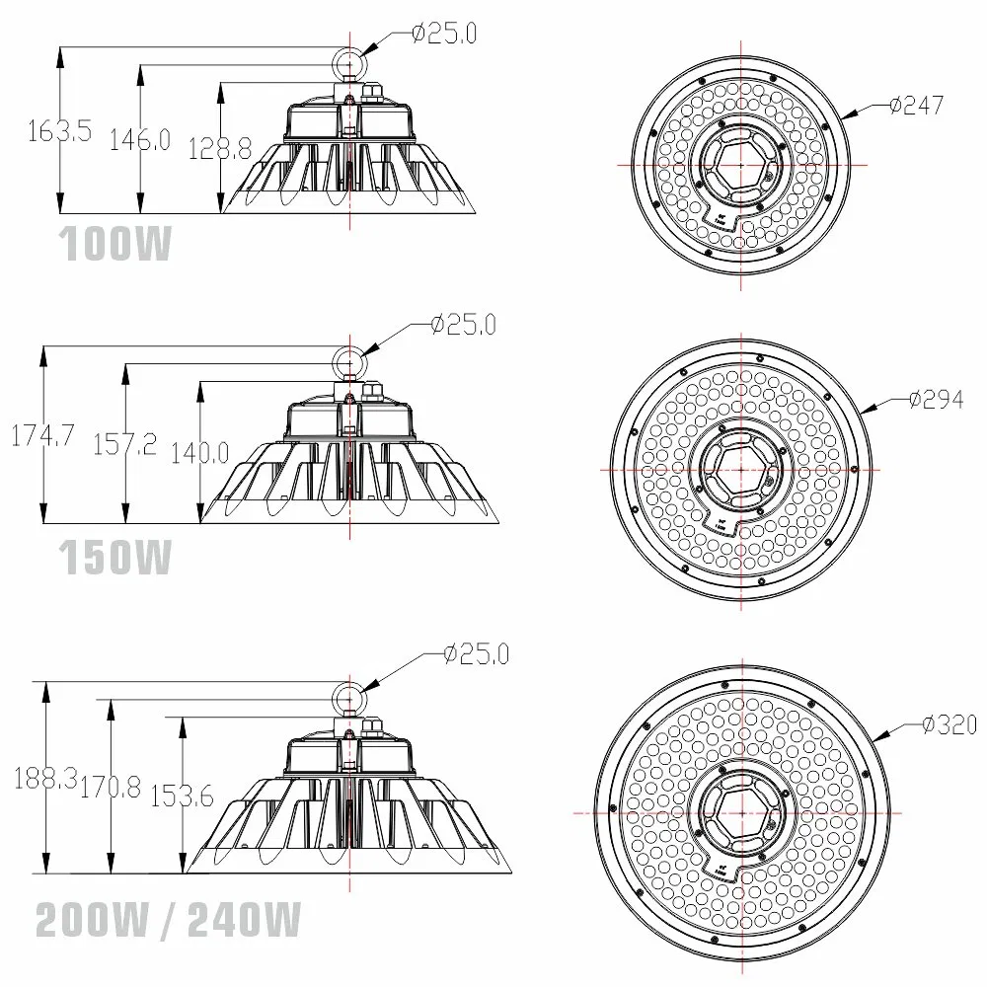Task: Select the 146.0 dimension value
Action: [139, 139]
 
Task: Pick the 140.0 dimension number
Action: [199, 453]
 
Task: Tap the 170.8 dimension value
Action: [112, 787]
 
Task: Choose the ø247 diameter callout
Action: [915, 106]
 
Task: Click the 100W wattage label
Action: [116, 245]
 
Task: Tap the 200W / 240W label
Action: [168, 923]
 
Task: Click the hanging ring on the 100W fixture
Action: [349, 62]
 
